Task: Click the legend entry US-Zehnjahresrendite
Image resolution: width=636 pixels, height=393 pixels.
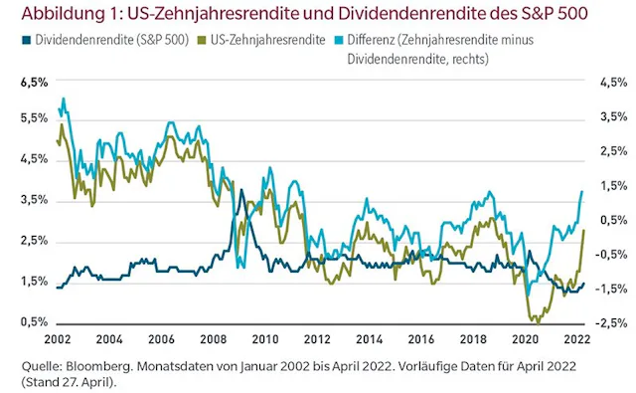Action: click(262, 41)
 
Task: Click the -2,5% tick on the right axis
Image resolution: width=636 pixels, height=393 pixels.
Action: click(608, 322)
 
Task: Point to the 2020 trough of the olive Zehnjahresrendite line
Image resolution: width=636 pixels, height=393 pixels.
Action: click(537, 321)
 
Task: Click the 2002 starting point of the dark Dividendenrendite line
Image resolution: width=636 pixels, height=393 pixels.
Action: click(59, 288)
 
